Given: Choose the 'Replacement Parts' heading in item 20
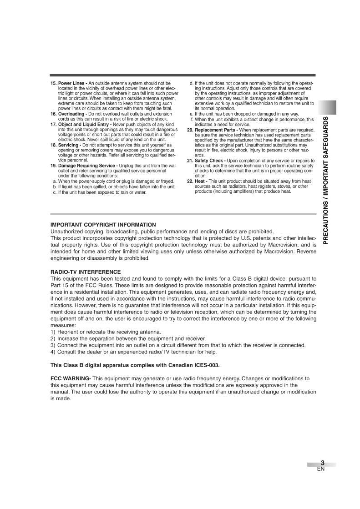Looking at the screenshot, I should click(216, 130).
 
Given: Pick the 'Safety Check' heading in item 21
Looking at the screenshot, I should click(210, 161).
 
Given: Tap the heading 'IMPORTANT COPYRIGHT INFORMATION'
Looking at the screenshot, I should click(103, 225).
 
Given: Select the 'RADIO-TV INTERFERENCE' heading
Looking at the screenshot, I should click(86, 272).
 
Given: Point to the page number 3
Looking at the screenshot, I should click(322, 463).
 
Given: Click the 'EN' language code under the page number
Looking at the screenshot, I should click(321, 469).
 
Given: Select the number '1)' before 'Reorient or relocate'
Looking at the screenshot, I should click(53, 332).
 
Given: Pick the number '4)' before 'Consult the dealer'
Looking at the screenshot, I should click(53, 352).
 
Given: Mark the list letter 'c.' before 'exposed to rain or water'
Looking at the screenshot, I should click(55, 192).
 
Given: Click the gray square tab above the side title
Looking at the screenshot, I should click(327, 107).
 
